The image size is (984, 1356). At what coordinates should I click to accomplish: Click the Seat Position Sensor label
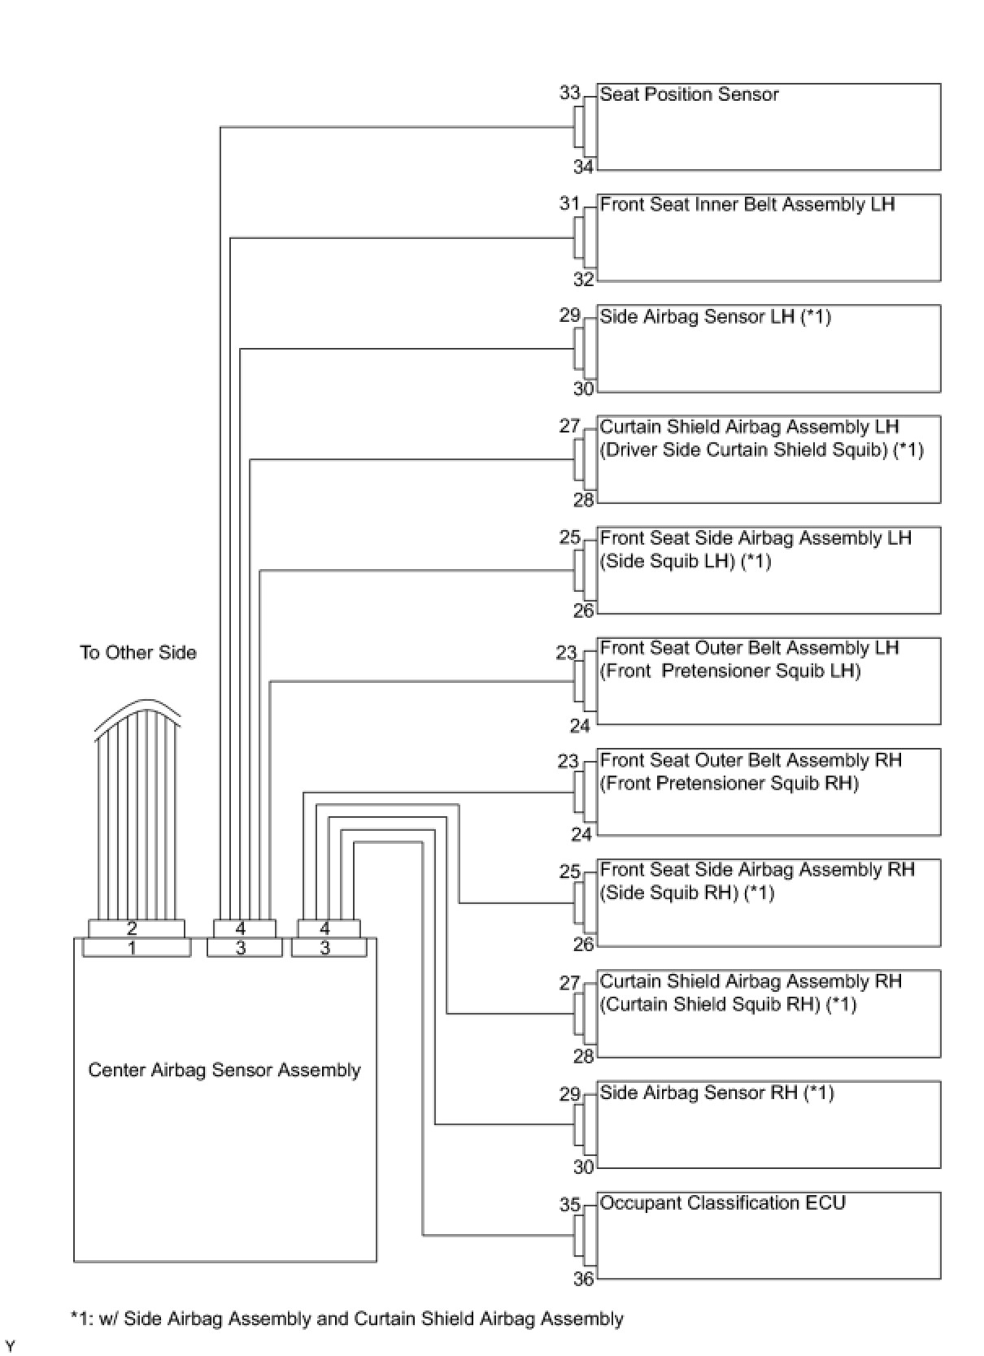point(689,94)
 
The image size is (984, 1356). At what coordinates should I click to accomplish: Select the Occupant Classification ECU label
point(722,1202)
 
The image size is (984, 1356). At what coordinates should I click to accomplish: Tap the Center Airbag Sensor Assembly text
point(224,1070)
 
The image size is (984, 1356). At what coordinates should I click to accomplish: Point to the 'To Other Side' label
point(138,652)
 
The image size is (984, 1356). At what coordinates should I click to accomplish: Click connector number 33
point(569,93)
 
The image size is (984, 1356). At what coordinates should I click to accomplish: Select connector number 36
point(583,1279)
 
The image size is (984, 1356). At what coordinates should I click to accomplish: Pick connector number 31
point(569,203)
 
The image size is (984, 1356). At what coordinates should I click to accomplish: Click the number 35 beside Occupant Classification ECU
point(569,1204)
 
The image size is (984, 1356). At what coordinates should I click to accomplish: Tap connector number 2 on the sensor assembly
point(133,928)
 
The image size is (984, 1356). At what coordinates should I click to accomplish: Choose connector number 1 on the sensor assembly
point(133,948)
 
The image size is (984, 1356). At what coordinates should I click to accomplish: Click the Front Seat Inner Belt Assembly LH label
point(747,205)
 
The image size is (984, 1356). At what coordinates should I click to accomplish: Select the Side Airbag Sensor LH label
point(715,316)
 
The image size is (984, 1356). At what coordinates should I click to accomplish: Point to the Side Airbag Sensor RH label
point(716,1093)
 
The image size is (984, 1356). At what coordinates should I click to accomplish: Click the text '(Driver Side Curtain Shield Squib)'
point(743,450)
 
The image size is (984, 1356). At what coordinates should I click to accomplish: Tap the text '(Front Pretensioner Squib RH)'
point(729,783)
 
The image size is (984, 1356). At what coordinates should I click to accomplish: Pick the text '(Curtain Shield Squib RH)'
point(710,1004)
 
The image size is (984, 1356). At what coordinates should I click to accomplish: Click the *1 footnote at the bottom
point(346,1319)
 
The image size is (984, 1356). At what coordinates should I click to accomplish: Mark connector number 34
point(583,167)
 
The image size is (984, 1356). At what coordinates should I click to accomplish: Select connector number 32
point(583,280)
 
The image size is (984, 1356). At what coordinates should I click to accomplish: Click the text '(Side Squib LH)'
point(668,561)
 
